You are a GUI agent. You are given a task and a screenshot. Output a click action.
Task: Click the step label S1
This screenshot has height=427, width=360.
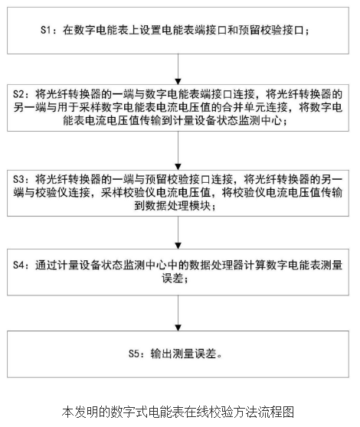(x=46, y=30)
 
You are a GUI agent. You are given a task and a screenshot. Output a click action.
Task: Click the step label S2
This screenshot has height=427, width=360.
(x=18, y=94)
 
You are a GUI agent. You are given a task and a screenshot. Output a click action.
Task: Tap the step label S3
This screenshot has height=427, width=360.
(x=18, y=179)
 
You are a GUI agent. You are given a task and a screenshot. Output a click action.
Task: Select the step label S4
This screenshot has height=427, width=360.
(x=18, y=265)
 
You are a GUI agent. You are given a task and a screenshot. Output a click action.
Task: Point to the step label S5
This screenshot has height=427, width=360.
(x=134, y=354)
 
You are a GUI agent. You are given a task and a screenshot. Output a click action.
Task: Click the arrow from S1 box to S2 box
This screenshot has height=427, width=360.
(x=178, y=69)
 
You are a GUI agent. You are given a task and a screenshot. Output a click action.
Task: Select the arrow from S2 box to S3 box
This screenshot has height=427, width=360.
(x=178, y=151)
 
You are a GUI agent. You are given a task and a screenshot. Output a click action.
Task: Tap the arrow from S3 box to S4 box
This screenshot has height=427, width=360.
(x=178, y=233)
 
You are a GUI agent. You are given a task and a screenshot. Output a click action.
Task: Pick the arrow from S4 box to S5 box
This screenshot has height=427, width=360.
(x=178, y=313)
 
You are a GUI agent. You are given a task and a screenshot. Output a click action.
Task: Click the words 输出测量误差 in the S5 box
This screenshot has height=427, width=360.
(x=183, y=354)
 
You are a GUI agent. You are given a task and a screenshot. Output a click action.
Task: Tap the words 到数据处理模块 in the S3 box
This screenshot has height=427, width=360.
(x=172, y=206)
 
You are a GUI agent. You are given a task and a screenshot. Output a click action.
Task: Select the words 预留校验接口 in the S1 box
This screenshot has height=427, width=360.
(x=271, y=30)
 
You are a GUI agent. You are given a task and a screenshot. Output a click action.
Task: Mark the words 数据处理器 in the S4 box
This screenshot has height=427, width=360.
(x=216, y=265)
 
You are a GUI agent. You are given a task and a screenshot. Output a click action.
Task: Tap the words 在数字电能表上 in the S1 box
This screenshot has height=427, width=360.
(x=101, y=30)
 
